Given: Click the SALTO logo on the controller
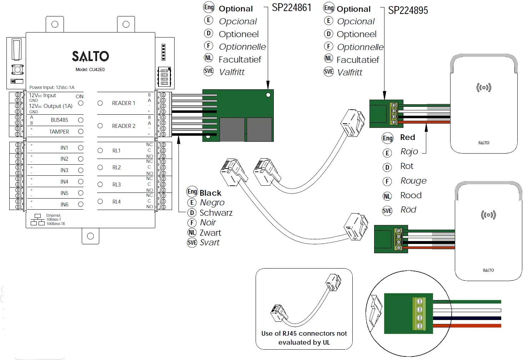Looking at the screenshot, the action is [x=90, y=56].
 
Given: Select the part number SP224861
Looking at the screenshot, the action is [x=292, y=8].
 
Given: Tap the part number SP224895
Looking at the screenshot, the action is [x=408, y=10].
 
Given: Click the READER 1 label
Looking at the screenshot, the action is [x=124, y=103].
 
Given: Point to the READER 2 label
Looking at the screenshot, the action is [x=124, y=126].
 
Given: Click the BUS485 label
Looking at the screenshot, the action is [x=60, y=120].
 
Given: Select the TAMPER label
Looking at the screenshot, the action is [x=59, y=131].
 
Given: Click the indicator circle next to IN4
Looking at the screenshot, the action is [x=81, y=181].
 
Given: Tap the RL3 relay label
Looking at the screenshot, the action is [x=116, y=185].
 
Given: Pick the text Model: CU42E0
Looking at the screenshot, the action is [x=90, y=69].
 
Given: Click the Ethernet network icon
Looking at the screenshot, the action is [x=37, y=220].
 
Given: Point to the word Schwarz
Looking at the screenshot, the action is [x=216, y=213].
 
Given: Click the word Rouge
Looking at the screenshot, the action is [x=413, y=181].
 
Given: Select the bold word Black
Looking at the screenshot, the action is [x=210, y=193].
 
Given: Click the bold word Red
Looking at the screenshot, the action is [x=408, y=137].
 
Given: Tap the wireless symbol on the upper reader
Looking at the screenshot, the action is [x=484, y=87].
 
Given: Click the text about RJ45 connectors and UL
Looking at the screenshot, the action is [x=304, y=338].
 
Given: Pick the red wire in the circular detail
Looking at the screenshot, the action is [x=467, y=326].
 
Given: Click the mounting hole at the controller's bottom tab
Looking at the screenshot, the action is [x=90, y=236].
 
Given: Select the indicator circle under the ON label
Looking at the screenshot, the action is [x=81, y=103].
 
